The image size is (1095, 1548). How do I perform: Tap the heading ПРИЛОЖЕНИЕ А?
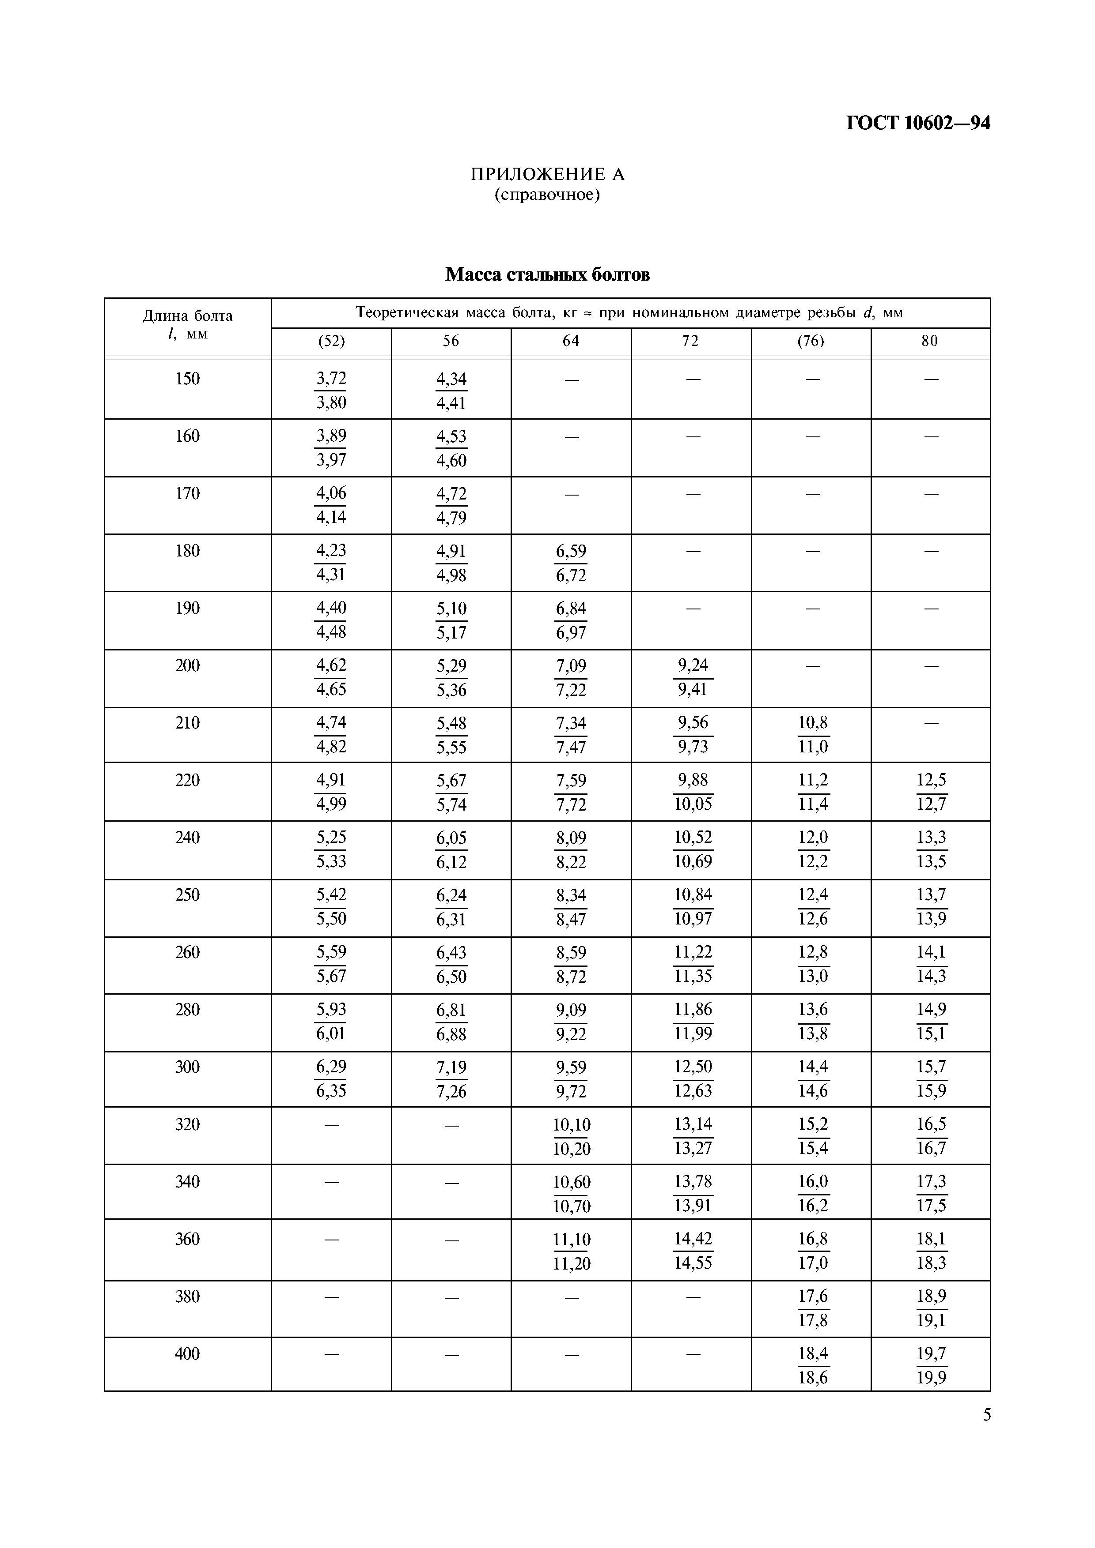point(547,175)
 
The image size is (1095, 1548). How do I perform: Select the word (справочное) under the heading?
point(547,195)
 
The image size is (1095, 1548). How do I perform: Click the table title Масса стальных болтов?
point(547,275)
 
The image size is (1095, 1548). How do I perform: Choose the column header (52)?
point(331,341)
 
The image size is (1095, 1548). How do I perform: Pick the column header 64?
point(571,341)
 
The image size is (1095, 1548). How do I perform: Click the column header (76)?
point(811,341)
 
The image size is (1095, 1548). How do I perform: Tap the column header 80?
point(930,341)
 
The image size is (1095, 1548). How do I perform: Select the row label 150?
point(188,379)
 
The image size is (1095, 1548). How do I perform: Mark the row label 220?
point(188,780)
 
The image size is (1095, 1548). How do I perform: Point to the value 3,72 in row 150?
point(331,379)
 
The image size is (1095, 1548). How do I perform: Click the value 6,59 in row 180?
point(571,552)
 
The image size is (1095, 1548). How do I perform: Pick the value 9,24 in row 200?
point(693,665)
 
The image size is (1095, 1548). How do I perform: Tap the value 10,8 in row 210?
point(813,723)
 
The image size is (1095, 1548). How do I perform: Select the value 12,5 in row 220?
point(931,780)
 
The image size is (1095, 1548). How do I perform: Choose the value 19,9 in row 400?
point(931,1377)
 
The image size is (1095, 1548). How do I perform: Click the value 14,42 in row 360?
point(693,1239)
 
